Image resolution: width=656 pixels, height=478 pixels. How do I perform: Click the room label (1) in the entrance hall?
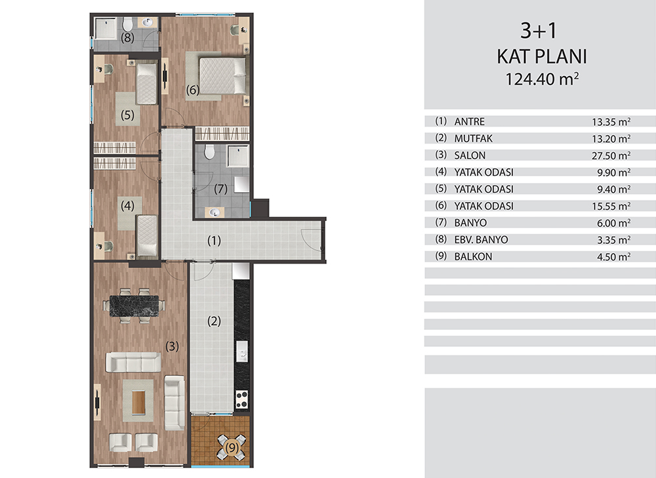(214, 241)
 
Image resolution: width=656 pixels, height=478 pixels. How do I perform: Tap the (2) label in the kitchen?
(214, 321)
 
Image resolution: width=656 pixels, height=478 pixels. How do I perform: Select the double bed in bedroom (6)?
(222, 75)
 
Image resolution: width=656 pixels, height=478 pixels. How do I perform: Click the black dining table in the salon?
(134, 306)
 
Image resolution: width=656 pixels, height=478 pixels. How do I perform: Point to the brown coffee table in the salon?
(138, 402)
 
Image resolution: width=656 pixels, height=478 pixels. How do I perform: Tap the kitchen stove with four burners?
(241, 399)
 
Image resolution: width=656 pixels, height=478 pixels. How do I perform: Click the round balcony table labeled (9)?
(232, 448)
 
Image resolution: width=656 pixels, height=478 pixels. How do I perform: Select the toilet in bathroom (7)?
(210, 152)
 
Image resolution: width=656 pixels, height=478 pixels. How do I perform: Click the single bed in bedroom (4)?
(147, 235)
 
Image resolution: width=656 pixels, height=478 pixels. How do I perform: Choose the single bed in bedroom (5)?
(146, 84)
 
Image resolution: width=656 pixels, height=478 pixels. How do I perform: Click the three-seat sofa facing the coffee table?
(133, 362)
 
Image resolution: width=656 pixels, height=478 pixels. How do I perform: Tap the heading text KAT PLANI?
(542, 56)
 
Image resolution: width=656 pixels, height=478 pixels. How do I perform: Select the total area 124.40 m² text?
(542, 79)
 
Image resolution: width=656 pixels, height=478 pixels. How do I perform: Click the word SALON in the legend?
(470, 155)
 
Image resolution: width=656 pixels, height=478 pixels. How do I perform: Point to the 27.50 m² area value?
(611, 155)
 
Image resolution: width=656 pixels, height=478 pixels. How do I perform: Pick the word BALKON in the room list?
(473, 257)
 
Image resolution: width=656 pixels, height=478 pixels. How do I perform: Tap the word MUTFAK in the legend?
(473, 138)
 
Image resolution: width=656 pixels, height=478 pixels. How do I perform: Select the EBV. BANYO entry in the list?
(481, 240)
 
